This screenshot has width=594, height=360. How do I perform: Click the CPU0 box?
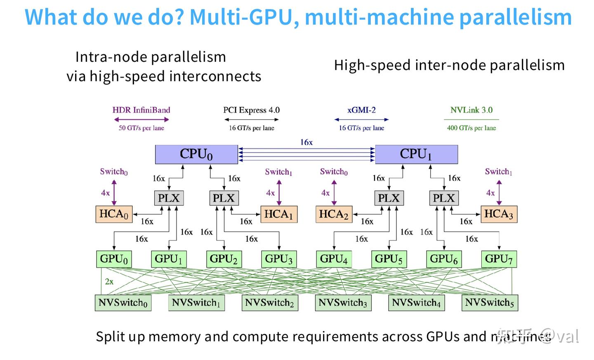click(x=196, y=154)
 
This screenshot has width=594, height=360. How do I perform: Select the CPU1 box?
click(x=416, y=154)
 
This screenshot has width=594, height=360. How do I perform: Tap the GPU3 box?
click(x=279, y=259)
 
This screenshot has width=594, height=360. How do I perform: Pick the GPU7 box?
click(x=499, y=259)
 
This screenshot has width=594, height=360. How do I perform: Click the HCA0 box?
click(x=114, y=214)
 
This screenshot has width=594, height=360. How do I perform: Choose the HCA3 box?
click(x=499, y=214)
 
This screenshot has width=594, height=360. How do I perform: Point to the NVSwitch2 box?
click(x=270, y=303)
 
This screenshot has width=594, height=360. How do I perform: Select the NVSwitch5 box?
click(x=490, y=303)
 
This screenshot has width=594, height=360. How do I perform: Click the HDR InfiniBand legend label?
click(x=141, y=110)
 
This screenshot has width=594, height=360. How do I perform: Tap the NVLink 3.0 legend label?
click(x=471, y=110)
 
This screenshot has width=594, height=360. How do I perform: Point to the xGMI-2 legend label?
click(x=361, y=110)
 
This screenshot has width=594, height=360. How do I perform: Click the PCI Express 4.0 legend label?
click(x=251, y=110)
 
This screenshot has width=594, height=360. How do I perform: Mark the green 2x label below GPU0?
click(x=109, y=282)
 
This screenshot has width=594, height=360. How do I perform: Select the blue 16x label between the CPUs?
click(x=306, y=142)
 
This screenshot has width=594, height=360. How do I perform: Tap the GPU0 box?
click(x=114, y=259)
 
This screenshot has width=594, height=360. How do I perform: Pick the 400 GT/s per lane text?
click(x=471, y=128)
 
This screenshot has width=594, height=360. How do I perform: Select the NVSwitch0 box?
click(x=123, y=303)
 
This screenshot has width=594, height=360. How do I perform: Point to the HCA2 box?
click(x=334, y=214)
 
